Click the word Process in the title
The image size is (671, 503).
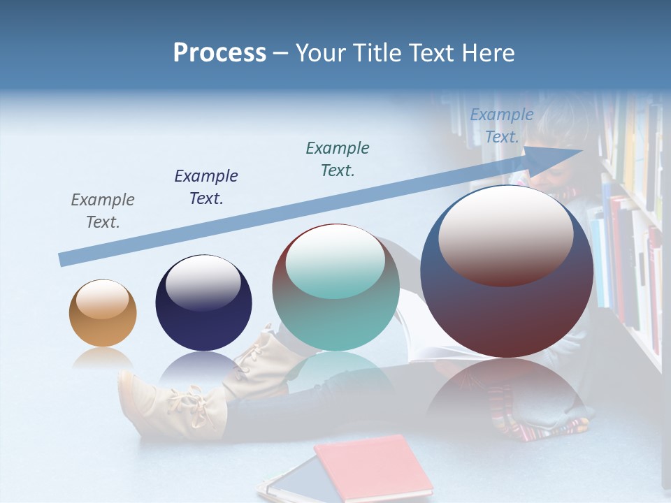click(x=219, y=53)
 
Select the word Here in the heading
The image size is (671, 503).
click(x=489, y=53)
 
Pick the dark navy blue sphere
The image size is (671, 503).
click(x=203, y=307)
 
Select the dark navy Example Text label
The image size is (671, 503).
click(x=206, y=187)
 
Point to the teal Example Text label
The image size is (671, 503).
click(x=338, y=159)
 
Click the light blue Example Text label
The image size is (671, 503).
click(x=502, y=126)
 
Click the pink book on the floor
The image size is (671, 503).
click(x=374, y=465)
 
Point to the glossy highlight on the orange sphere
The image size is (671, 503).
click(x=103, y=300)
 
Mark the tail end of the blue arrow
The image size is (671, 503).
click(x=64, y=259)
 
